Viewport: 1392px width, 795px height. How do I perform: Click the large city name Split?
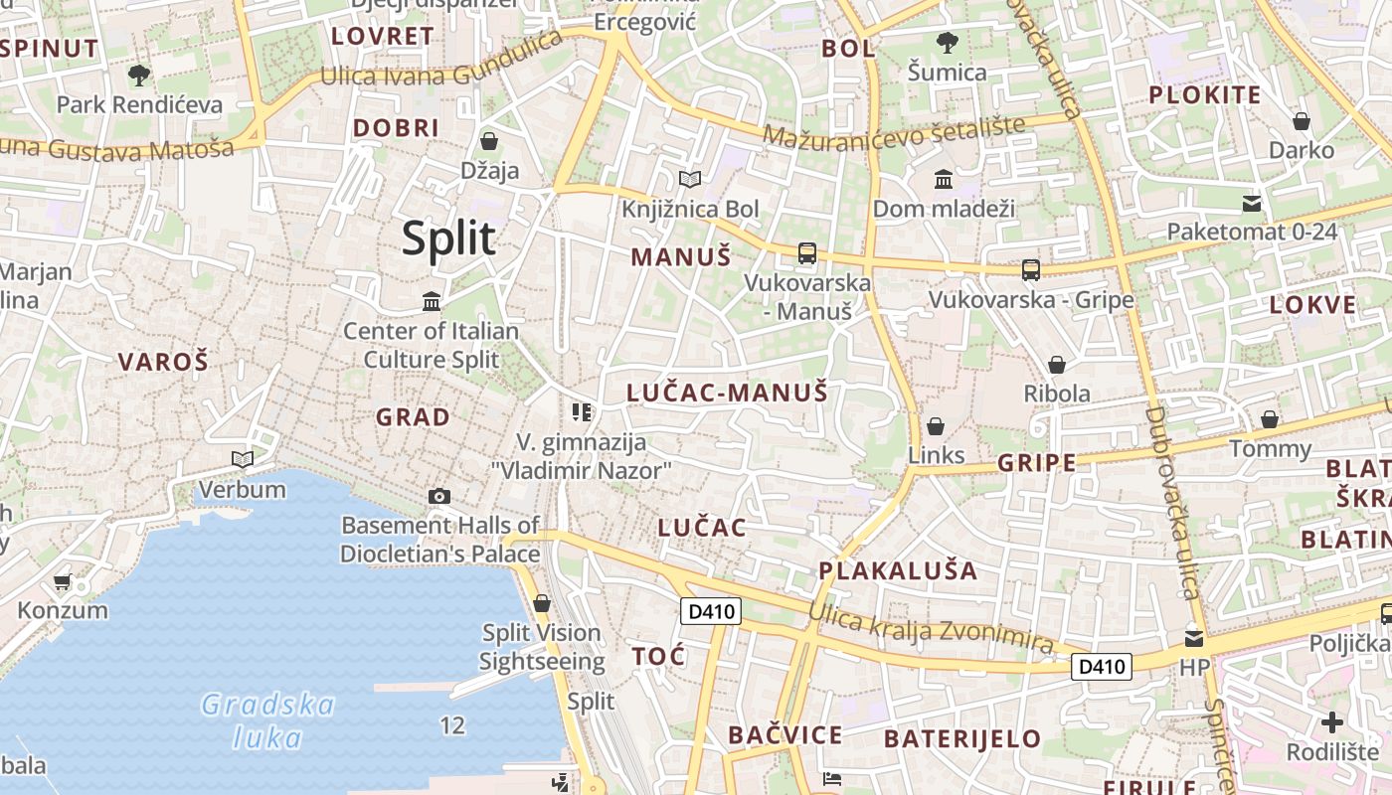(448, 239)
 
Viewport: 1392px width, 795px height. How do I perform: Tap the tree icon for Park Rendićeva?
(139, 75)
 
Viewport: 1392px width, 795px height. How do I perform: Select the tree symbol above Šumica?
(947, 43)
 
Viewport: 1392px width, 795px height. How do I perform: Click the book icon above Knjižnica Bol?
(689, 180)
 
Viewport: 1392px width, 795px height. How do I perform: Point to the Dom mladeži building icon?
(944, 180)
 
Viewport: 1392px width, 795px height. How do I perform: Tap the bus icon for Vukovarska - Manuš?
(806, 253)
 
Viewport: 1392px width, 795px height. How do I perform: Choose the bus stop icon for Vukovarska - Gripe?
(1030, 269)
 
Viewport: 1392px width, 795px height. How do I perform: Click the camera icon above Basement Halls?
(438, 496)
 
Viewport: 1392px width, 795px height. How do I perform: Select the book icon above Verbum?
(242, 459)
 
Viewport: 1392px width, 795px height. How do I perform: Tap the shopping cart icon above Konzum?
(62, 581)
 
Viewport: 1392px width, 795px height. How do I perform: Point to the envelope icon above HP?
(1193, 638)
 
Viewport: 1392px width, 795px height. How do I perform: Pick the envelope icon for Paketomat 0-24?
(1251, 204)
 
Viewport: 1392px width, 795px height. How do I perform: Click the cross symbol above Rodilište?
(1332, 722)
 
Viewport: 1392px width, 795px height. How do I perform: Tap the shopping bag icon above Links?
(936, 426)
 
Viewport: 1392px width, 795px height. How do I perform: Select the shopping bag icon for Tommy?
(1270, 419)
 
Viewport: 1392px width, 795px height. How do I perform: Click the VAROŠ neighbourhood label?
(164, 362)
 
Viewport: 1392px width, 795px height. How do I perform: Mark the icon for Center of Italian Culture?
(432, 301)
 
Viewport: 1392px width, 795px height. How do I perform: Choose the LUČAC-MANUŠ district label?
(727, 393)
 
